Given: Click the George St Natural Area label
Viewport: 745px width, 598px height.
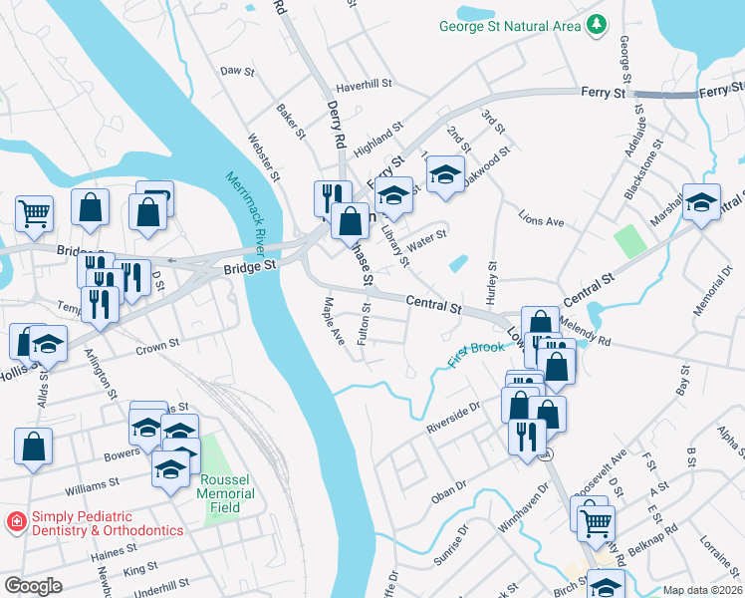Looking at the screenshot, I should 509,25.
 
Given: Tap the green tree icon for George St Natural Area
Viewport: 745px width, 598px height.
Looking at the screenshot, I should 597,24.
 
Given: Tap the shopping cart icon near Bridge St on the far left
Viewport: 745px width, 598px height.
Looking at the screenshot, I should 34,211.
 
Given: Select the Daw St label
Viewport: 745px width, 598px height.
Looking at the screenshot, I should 237,72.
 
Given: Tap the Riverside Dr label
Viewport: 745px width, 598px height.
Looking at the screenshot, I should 453,417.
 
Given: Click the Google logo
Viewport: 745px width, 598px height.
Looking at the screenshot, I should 32,586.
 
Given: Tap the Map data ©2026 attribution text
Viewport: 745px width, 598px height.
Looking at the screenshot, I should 703,590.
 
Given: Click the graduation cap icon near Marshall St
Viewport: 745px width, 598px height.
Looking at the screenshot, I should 701,202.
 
